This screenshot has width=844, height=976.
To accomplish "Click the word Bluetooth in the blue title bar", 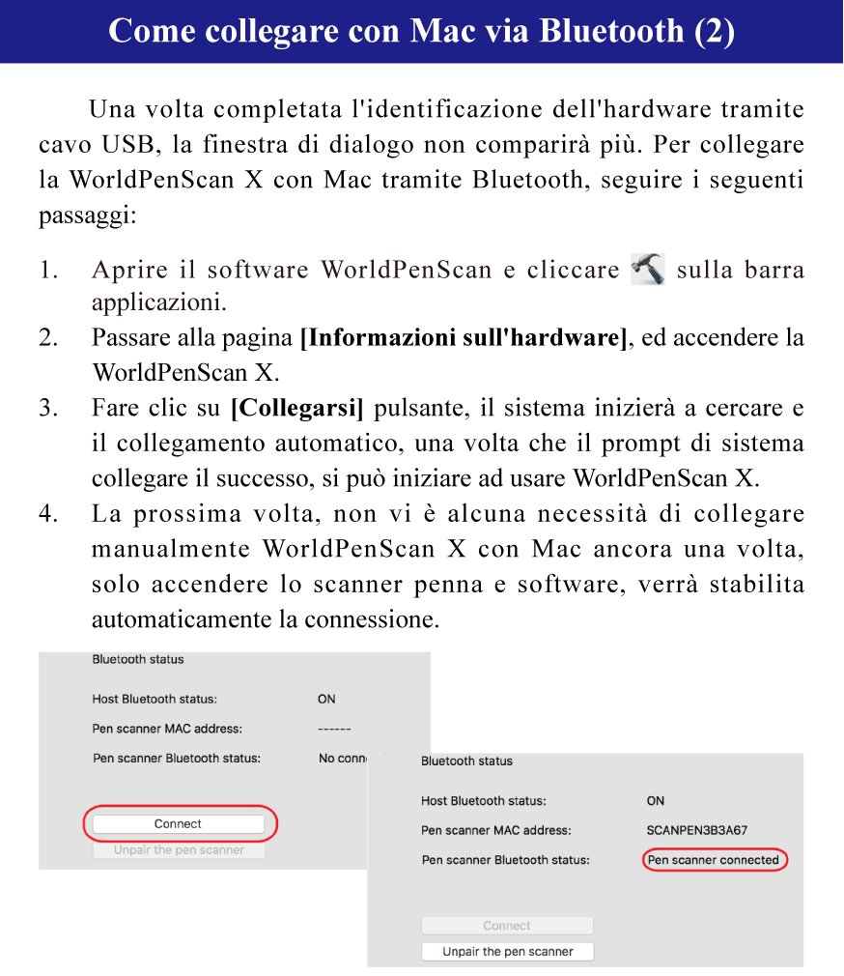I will click(611, 31).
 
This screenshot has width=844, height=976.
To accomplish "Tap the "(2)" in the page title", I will click(715, 31).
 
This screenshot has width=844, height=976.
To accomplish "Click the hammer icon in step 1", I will click(647, 269).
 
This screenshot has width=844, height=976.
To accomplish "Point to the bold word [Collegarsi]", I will click(297, 408).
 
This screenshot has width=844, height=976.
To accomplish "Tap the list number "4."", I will click(49, 514).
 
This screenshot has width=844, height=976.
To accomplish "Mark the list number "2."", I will click(49, 338).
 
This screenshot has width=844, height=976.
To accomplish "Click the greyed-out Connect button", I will click(507, 926).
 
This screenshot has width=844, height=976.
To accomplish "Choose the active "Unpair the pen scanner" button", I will click(507, 952).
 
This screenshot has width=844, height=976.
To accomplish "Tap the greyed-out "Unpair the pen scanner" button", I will click(179, 850).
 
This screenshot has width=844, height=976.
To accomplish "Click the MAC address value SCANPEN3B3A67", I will click(696, 830).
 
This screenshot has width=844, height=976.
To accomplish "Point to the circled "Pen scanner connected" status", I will click(713, 860).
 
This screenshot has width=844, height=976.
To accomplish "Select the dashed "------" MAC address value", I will click(334, 729).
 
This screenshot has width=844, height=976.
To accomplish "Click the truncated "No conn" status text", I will click(340, 759).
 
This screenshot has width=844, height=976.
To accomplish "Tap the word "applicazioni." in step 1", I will click(159, 302).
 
